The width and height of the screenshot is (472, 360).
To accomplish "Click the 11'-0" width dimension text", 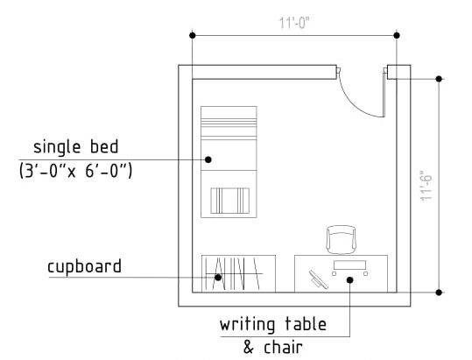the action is [x=294, y=23].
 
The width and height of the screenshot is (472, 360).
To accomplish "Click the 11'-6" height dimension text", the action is [x=426, y=186].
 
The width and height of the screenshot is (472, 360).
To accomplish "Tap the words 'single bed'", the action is [x=76, y=147].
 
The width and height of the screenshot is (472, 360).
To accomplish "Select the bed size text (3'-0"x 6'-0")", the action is [x=75, y=171].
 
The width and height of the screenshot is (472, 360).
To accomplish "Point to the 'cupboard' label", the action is [x=84, y=266].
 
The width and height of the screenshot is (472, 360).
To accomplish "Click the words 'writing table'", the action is [x=273, y=324].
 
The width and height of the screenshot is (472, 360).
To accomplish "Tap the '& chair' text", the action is [x=272, y=347].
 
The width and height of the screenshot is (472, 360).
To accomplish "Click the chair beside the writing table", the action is [x=342, y=240].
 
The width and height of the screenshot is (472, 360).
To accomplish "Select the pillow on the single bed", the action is [x=230, y=201].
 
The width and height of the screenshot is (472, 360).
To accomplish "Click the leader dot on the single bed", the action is [x=208, y=159].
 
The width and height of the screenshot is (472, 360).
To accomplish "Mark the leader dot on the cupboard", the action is [x=218, y=277].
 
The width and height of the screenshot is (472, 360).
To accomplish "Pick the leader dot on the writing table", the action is [x=349, y=280].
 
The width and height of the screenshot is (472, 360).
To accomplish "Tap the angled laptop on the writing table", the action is [x=319, y=279].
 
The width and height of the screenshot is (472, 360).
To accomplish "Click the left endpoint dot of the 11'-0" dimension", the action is [x=193, y=36].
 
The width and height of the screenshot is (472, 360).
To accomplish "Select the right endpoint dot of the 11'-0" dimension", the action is [x=397, y=36].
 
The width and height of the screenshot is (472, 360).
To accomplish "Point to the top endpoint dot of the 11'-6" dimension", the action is [x=439, y=79].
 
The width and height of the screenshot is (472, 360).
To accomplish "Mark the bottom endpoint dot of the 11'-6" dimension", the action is [x=439, y=292].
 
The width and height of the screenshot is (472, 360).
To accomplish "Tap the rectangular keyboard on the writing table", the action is [x=349, y=265].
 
